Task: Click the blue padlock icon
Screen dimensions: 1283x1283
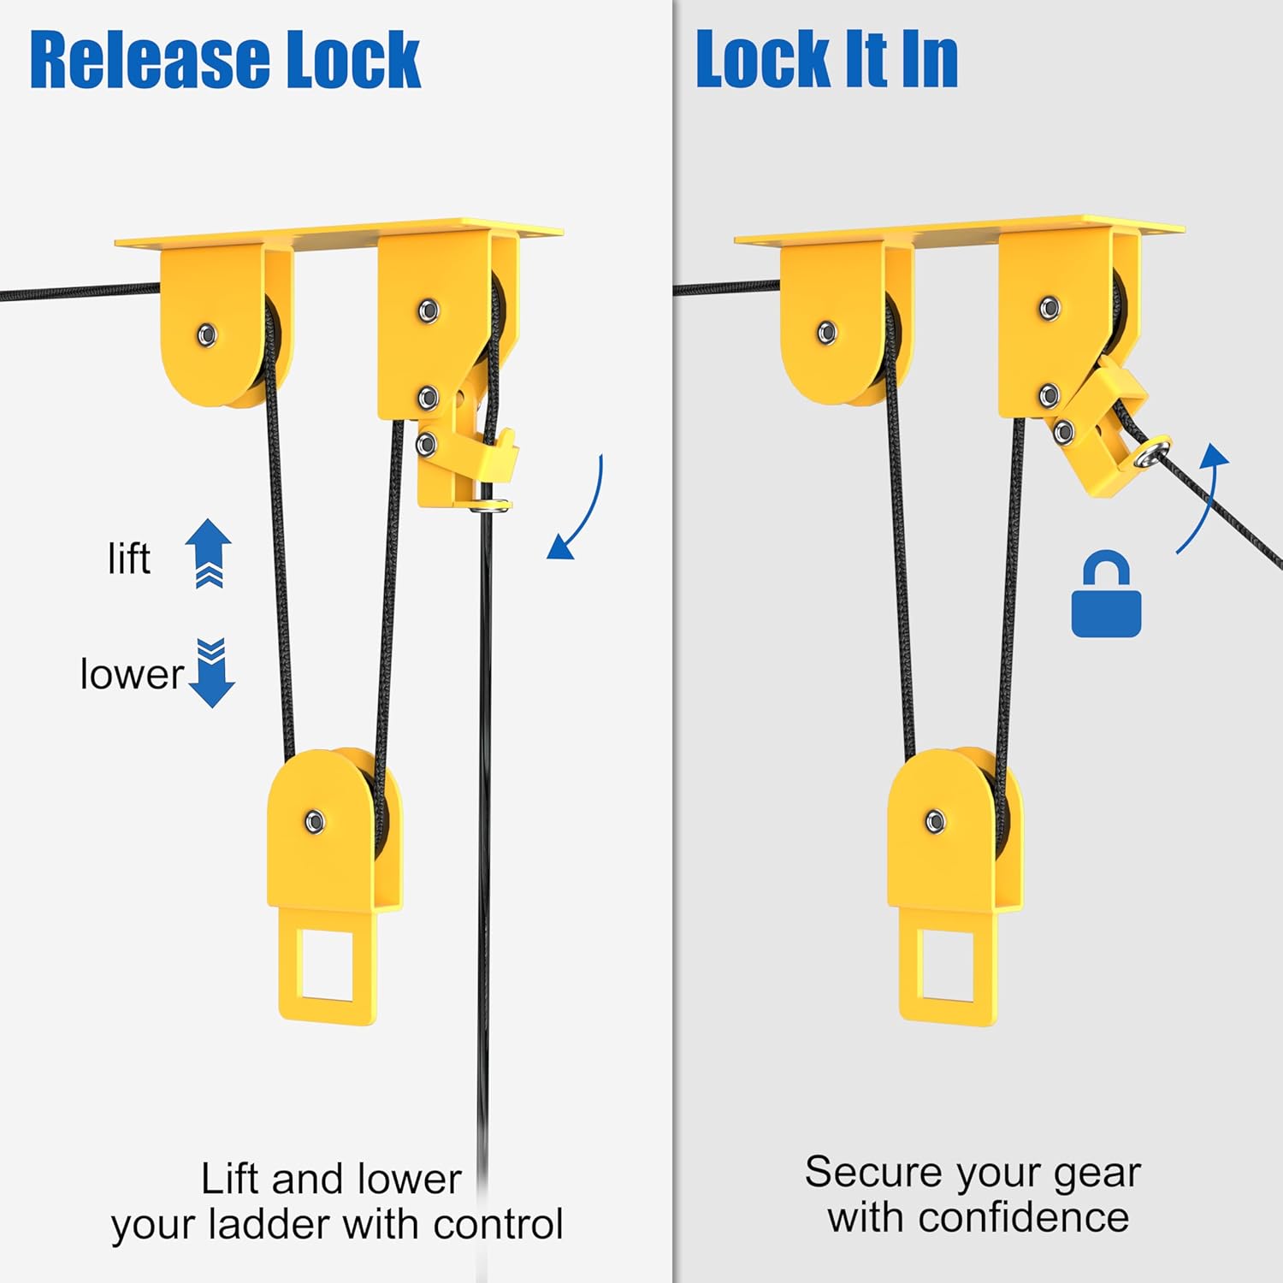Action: click(1106, 597)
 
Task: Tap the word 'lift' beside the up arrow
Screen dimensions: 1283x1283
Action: click(128, 559)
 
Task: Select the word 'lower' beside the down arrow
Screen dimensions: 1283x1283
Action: click(132, 675)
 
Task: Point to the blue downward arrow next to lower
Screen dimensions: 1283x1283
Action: click(210, 674)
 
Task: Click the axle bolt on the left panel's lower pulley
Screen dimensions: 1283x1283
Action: click(315, 822)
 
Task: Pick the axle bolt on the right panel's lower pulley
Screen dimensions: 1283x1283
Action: click(935, 821)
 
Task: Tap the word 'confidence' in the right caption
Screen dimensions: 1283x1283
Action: click(1024, 1217)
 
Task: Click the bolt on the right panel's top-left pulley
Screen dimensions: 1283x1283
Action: click(826, 332)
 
